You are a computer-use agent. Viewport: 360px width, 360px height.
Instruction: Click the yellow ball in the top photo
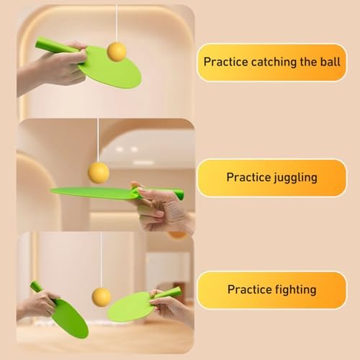click(x=117, y=52)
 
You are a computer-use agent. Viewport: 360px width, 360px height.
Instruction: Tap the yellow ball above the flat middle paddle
click(x=99, y=173)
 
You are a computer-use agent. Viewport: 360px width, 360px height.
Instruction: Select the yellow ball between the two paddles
click(x=102, y=297)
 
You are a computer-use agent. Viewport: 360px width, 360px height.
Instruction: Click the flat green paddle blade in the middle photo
click(x=94, y=193)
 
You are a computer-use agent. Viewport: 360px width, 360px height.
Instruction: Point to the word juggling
click(x=295, y=178)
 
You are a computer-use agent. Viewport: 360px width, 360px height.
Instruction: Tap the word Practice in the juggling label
click(x=248, y=177)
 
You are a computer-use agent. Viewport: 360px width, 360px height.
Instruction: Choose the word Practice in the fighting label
click(x=250, y=289)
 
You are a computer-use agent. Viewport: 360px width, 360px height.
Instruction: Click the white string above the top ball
click(x=117, y=23)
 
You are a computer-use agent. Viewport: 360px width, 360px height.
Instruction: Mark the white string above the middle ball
click(x=98, y=140)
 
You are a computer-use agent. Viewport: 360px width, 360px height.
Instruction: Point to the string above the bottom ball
click(x=101, y=260)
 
